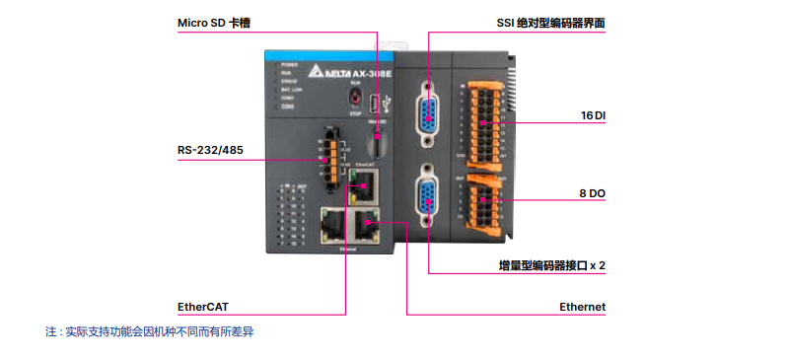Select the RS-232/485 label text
(x=210, y=150)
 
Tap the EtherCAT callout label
(x=202, y=307)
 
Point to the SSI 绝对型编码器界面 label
(x=552, y=21)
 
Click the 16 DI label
(x=593, y=116)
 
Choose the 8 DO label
(x=592, y=194)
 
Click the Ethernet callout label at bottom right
(x=582, y=307)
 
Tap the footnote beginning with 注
(x=150, y=331)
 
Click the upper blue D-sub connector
(x=428, y=108)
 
